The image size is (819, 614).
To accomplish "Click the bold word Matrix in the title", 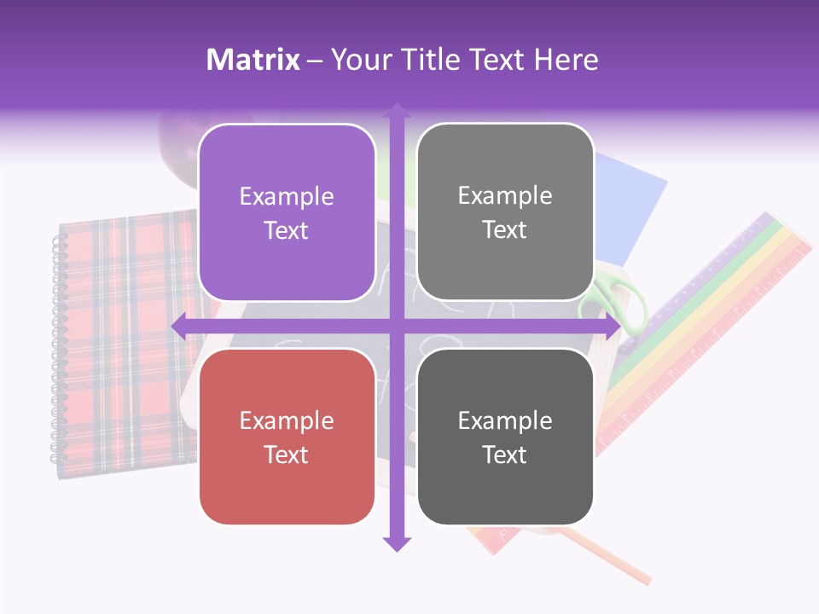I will [x=253, y=60].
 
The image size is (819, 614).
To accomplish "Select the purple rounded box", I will [x=287, y=212].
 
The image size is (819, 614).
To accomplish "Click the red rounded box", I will [x=287, y=437].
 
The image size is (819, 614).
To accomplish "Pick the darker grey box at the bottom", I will [x=505, y=437].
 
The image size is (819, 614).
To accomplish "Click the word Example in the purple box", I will [x=287, y=196].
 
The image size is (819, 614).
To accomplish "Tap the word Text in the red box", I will [x=287, y=455].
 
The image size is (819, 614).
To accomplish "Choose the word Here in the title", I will [x=566, y=60].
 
